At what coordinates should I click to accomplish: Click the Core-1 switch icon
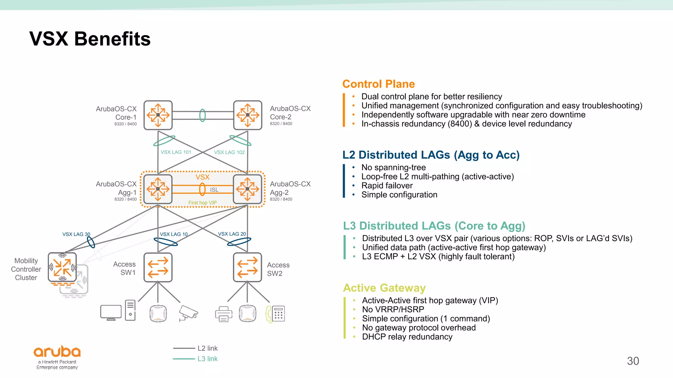coord(158,115)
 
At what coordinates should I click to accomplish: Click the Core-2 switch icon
coord(248,115)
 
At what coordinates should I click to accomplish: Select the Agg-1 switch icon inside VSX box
coord(158,189)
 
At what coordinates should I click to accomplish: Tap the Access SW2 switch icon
coord(247,267)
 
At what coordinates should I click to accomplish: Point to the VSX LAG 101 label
coord(176,152)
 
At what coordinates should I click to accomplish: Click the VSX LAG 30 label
coord(76,234)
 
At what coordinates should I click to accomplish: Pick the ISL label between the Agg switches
coord(214,190)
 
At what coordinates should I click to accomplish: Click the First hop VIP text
coord(202,203)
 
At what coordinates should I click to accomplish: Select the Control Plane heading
coord(379,84)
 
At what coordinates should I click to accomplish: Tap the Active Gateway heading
coord(384,288)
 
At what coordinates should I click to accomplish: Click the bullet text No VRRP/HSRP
coord(393,309)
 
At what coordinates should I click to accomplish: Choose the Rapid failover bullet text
coord(387,186)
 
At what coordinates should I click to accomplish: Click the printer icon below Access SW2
coord(223,314)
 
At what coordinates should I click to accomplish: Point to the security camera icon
coord(188,313)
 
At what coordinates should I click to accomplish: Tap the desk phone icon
coord(276,314)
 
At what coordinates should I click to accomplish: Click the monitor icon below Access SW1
coord(111,312)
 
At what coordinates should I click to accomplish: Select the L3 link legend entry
coord(207,359)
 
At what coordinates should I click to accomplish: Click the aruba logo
coord(57,352)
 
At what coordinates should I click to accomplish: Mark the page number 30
coord(633,361)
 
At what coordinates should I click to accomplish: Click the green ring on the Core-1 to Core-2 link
coord(203,115)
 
